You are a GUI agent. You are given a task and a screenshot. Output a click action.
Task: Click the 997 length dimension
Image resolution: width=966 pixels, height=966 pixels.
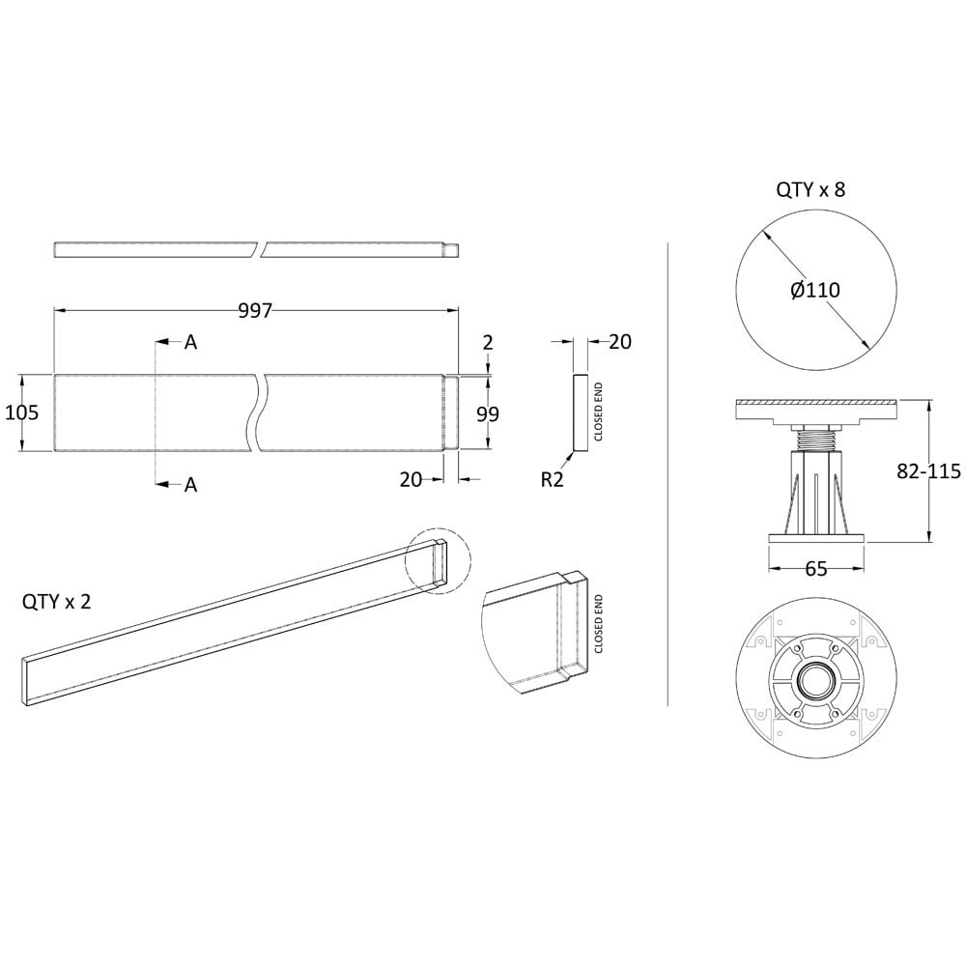(x=255, y=310)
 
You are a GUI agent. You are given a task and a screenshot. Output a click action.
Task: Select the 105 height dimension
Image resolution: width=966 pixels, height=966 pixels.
(x=21, y=412)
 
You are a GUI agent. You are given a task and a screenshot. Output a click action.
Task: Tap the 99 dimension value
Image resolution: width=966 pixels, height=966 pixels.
(x=488, y=414)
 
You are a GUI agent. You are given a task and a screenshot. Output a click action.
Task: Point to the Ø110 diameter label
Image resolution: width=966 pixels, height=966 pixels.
(x=815, y=290)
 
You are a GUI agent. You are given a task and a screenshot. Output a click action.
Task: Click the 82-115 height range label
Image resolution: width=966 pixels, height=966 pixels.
(x=928, y=470)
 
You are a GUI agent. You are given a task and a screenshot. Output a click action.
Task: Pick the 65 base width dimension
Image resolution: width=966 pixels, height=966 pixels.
(x=815, y=569)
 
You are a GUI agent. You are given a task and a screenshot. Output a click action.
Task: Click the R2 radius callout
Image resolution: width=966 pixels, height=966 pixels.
(x=552, y=479)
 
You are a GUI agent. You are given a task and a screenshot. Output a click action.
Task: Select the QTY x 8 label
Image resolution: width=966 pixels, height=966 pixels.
(x=810, y=189)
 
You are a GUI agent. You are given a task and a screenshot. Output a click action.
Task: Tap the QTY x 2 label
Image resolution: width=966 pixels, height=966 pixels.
(x=57, y=601)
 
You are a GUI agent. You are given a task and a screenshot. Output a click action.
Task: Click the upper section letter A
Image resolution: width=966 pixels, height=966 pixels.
(x=191, y=342)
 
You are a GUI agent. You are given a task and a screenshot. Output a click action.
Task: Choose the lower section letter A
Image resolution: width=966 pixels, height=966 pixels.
(x=191, y=485)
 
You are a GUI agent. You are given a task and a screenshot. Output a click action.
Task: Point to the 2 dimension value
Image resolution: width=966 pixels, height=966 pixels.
(x=488, y=343)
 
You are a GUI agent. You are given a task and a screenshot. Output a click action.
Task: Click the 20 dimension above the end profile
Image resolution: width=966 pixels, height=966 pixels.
(x=620, y=342)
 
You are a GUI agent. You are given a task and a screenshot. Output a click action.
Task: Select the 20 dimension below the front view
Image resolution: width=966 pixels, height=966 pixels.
(x=411, y=479)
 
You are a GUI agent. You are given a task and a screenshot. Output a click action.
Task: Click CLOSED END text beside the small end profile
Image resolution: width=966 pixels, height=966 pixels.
(x=598, y=412)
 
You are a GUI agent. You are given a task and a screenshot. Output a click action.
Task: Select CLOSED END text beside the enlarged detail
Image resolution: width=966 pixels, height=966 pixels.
(x=598, y=623)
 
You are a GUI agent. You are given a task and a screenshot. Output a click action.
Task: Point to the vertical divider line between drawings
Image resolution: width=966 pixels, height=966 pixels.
(x=668, y=474)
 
